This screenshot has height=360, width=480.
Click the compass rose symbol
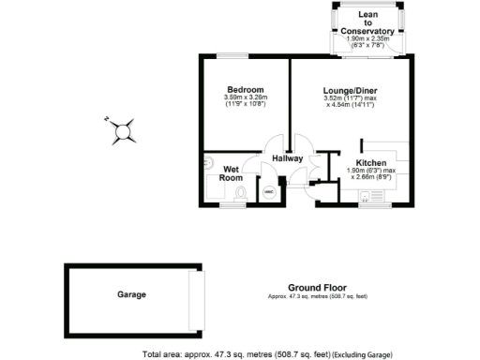tap(124, 132)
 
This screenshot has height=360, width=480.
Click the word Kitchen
tap(371, 163)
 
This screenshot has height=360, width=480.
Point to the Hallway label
tap(288, 158)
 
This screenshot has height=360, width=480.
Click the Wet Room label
tap(232, 172)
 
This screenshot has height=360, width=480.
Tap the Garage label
tap(131, 294)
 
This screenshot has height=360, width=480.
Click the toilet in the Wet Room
tap(241, 193)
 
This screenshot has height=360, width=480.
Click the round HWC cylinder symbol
tap(268, 194)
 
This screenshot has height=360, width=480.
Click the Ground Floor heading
tap(317, 288)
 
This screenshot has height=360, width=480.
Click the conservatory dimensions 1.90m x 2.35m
tap(368, 39)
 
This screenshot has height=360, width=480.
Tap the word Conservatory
tap(368, 31)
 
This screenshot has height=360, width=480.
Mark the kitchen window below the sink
tap(373, 204)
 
